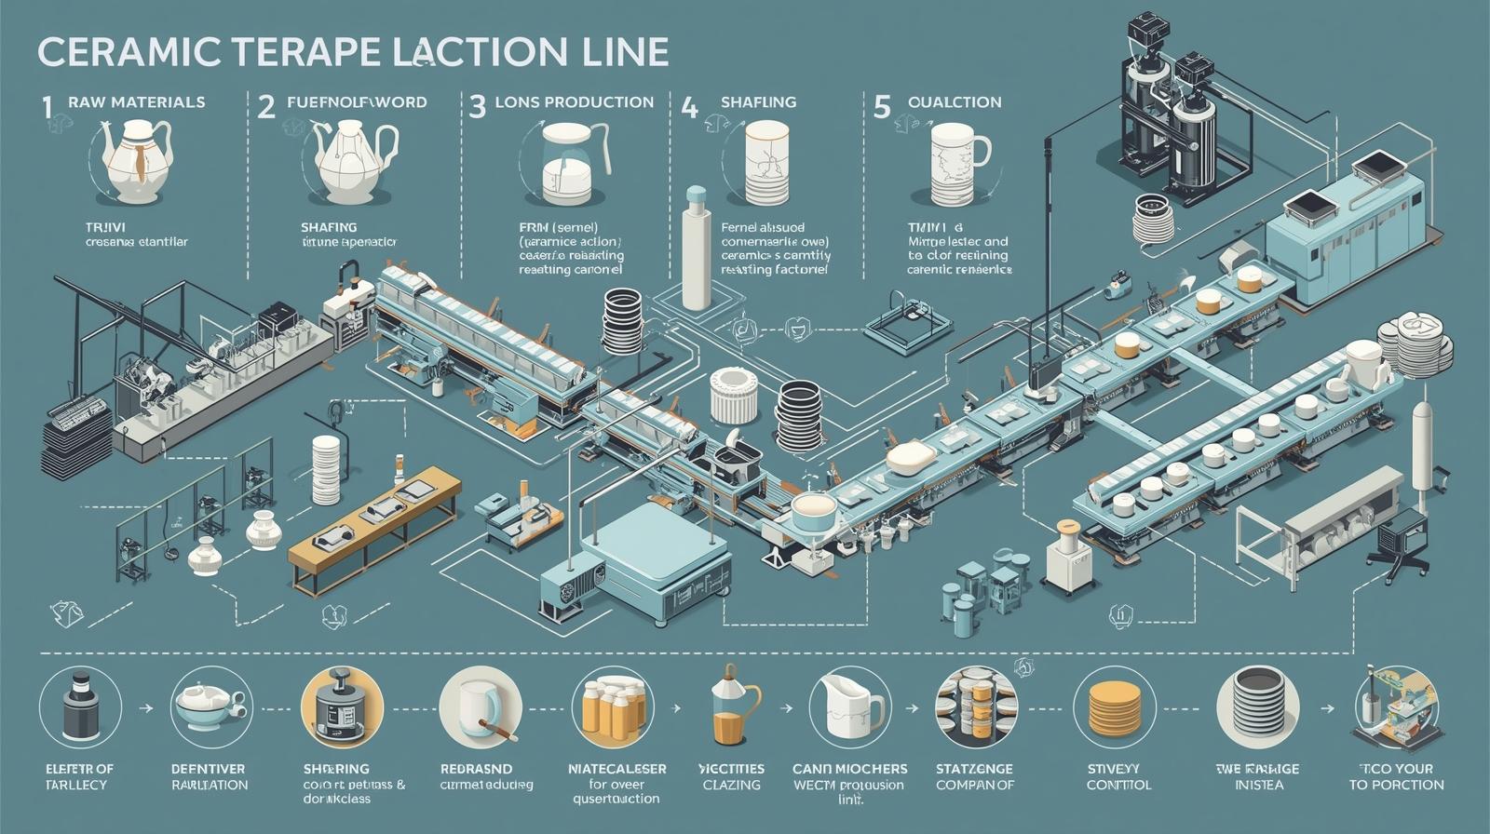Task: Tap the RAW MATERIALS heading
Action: [x=136, y=102]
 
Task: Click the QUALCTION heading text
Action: [x=955, y=102]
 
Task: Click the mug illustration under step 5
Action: [x=957, y=164]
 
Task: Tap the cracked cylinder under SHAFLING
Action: [x=766, y=162]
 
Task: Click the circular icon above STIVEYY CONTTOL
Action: [x=1114, y=706]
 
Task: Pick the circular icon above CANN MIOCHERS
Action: [x=849, y=706]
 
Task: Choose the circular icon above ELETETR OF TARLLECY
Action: [x=80, y=706]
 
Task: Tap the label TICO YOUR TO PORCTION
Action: [x=1396, y=776]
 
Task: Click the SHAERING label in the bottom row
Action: [x=336, y=769]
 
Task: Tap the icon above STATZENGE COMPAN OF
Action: [x=975, y=706]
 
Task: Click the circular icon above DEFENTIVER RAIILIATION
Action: [x=211, y=706]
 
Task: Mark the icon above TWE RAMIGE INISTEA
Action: [x=1257, y=706]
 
